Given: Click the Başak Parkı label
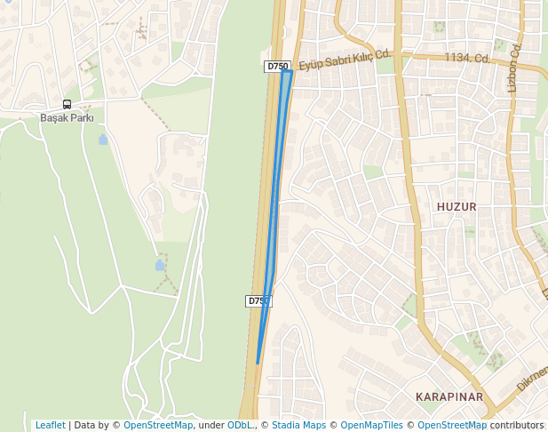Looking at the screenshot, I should (67, 117).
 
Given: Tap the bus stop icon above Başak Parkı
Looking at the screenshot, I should (68, 104).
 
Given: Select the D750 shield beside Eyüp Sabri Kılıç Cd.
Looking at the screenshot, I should (277, 66).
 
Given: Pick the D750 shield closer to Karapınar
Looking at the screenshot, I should (258, 301).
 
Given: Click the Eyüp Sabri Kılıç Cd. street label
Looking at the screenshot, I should (345, 60).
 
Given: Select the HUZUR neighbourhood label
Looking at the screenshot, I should (457, 206).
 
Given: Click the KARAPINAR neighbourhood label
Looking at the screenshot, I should (449, 396).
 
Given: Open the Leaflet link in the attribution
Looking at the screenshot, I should (50, 425).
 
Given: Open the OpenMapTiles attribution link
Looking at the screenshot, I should (371, 425).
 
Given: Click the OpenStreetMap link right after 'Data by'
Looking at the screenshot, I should (158, 425).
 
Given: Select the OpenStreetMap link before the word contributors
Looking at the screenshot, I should (452, 425).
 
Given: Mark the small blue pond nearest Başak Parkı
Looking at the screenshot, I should (103, 140).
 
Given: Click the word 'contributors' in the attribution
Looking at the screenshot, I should (517, 425).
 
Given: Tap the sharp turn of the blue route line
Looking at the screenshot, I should (290, 72).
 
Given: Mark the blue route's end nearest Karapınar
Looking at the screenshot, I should (258, 363).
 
